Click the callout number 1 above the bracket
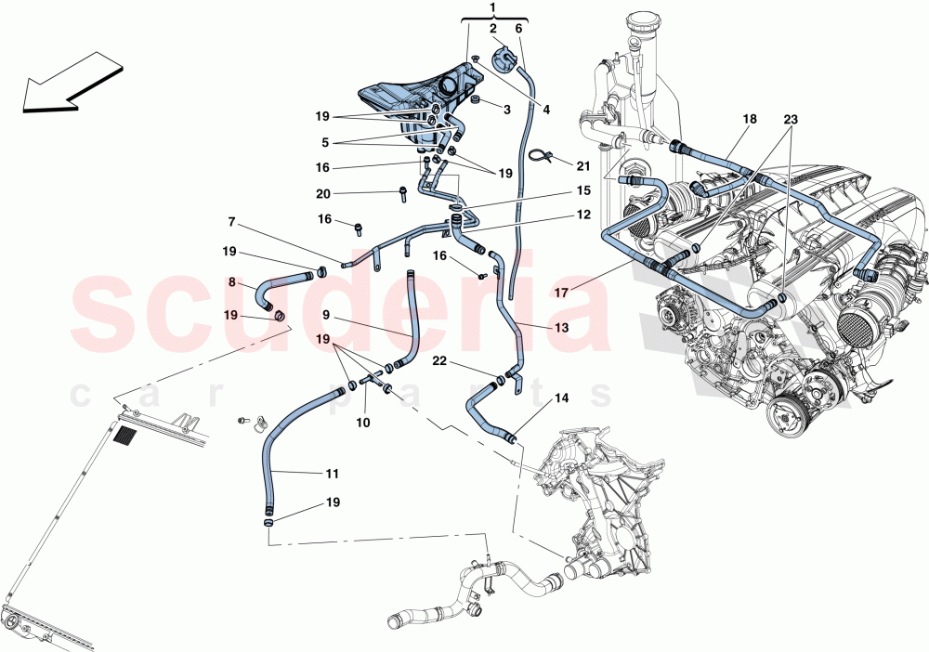click(x=492, y=8)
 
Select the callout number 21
click(x=582, y=166)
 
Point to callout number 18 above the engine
click(x=750, y=120)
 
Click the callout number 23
click(x=791, y=120)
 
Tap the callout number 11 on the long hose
click(x=332, y=474)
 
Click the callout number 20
click(x=322, y=193)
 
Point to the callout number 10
click(x=363, y=423)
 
